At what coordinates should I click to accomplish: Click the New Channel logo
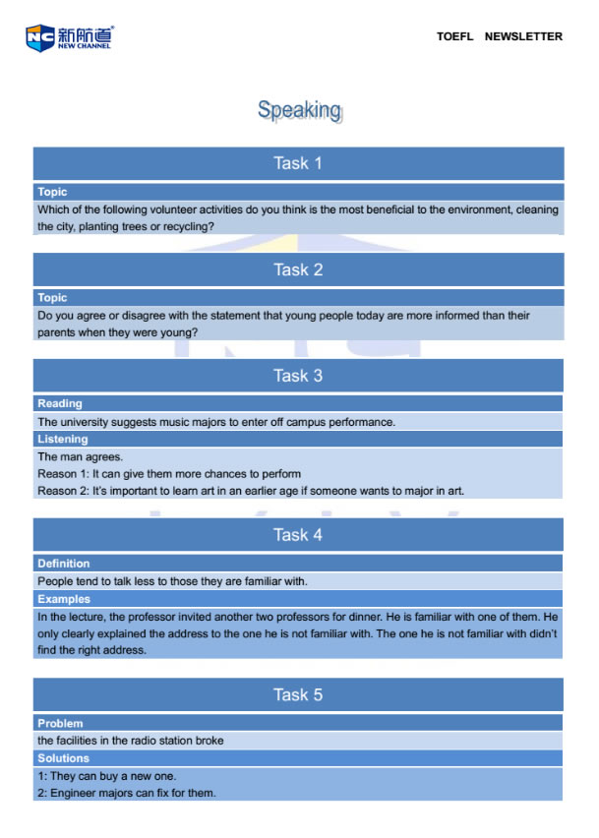(69, 37)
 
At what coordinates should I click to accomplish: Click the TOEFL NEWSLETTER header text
(500, 36)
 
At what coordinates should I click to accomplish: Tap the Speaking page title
(299, 110)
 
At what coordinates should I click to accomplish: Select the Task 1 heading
(298, 163)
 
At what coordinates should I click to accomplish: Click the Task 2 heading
(298, 269)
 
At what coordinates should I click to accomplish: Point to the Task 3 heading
(298, 376)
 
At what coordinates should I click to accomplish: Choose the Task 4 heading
(298, 535)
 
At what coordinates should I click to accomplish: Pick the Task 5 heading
(298, 694)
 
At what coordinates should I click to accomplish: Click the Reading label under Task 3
(60, 403)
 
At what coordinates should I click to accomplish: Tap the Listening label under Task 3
(63, 439)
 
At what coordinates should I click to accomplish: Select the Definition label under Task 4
(64, 564)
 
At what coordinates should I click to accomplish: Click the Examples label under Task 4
(63, 598)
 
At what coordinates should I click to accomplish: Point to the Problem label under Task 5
(60, 723)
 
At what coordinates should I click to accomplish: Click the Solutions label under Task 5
(63, 758)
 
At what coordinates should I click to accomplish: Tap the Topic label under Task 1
(52, 192)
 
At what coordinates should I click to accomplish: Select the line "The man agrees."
(81, 456)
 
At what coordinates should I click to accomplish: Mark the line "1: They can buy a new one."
(107, 776)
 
